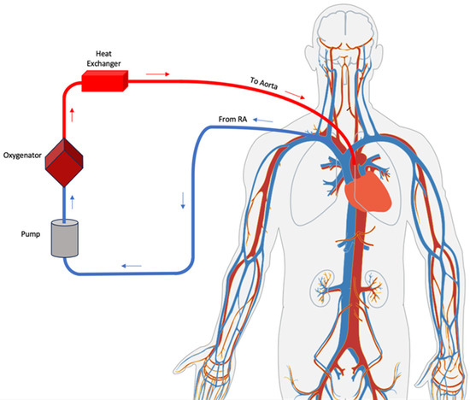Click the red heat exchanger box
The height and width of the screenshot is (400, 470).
(x=103, y=81)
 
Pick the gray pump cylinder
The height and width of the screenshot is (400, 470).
(x=63, y=238)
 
